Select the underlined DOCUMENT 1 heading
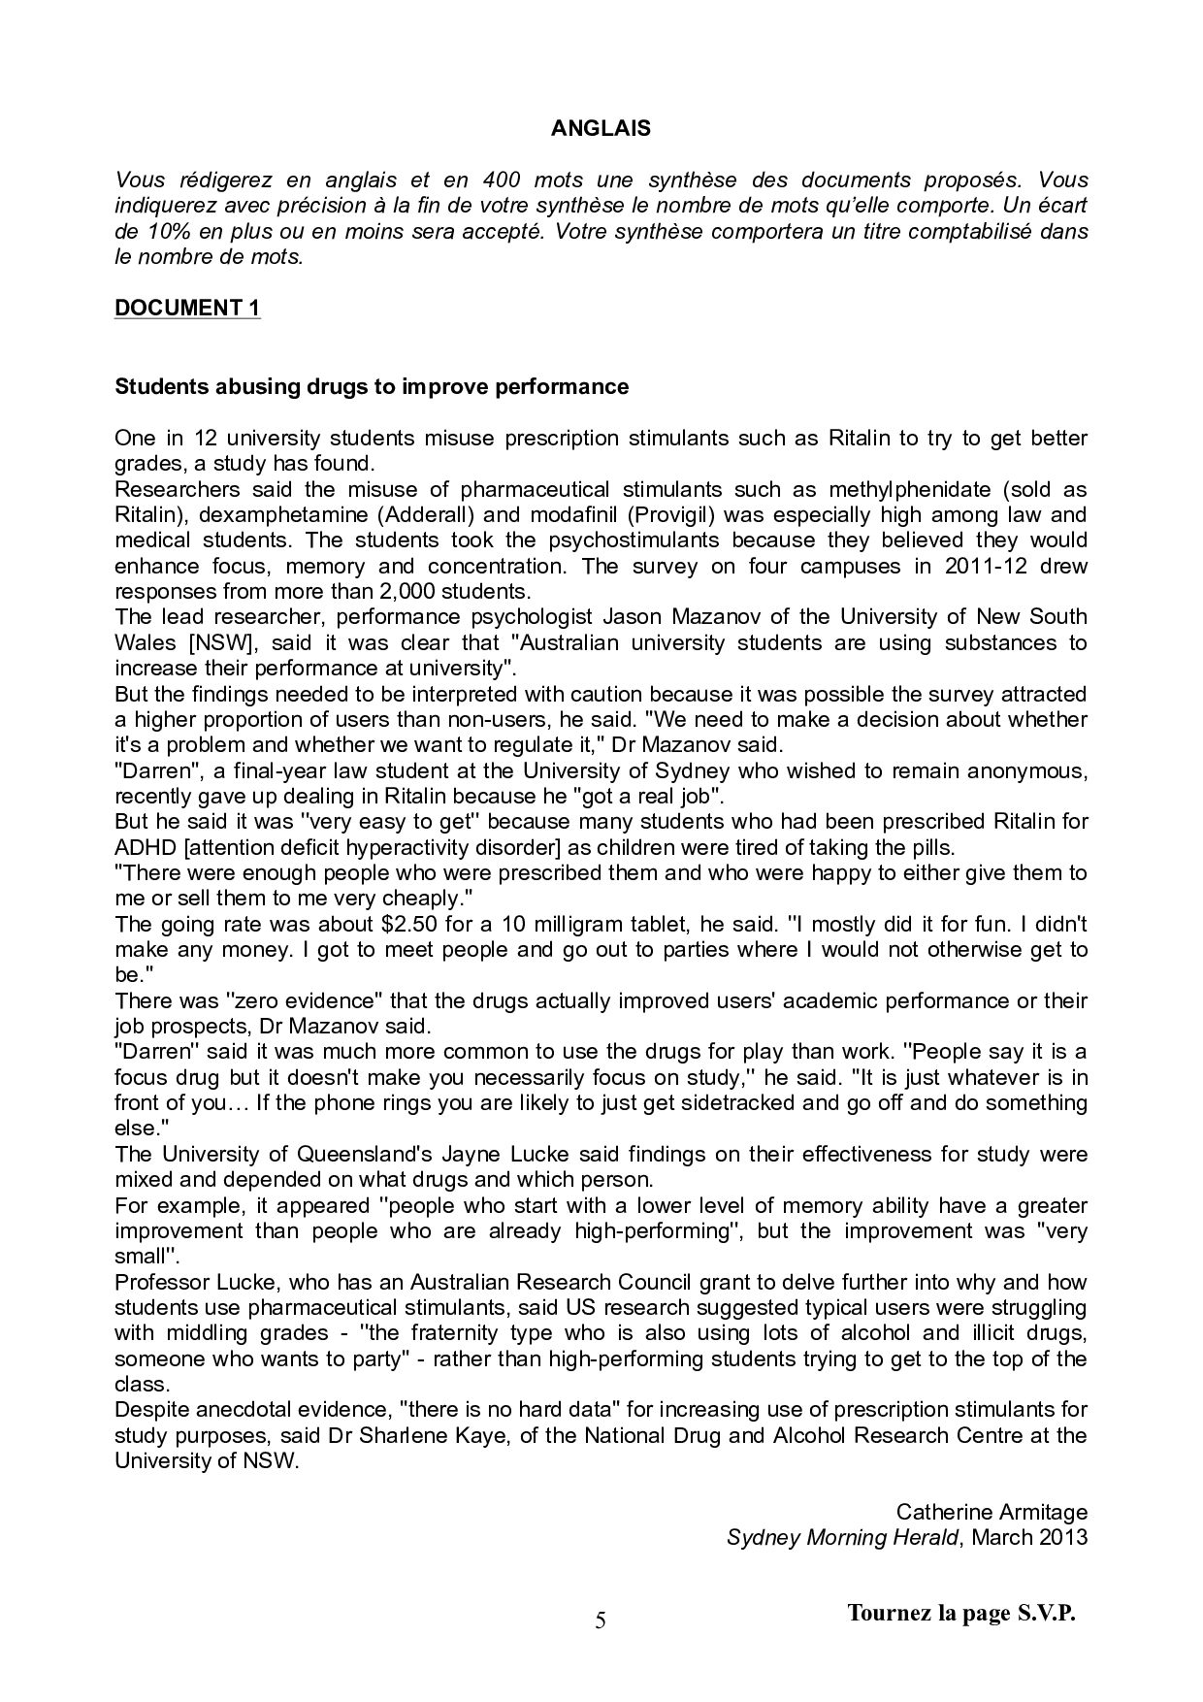(187, 308)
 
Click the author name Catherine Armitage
(992, 1512)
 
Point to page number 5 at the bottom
(601, 1621)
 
